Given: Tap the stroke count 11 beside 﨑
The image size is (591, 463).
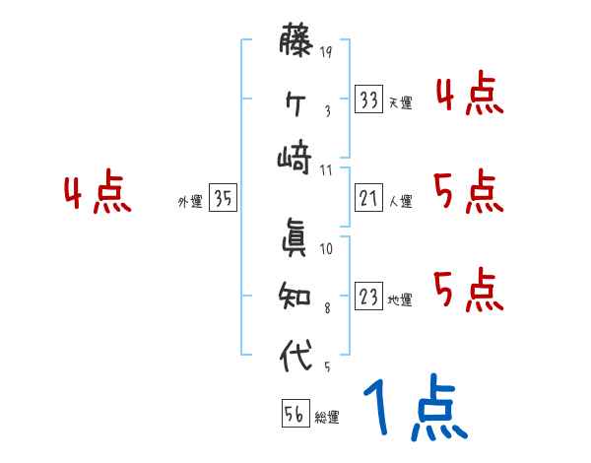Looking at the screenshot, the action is pyautogui.click(x=326, y=171).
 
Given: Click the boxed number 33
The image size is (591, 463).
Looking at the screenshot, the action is pyautogui.click(x=369, y=99).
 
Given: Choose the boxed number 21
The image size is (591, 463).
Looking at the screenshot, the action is pyautogui.click(x=369, y=199).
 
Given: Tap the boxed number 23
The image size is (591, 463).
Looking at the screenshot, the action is pyautogui.click(x=369, y=297).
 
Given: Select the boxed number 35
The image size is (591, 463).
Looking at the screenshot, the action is pyautogui.click(x=223, y=199).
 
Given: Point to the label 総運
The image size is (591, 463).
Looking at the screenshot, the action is pyautogui.click(x=327, y=418).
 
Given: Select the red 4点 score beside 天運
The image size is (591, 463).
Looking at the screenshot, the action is pyautogui.click(x=469, y=96).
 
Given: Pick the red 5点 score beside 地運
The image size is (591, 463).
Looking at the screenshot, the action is pyautogui.click(x=469, y=289).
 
